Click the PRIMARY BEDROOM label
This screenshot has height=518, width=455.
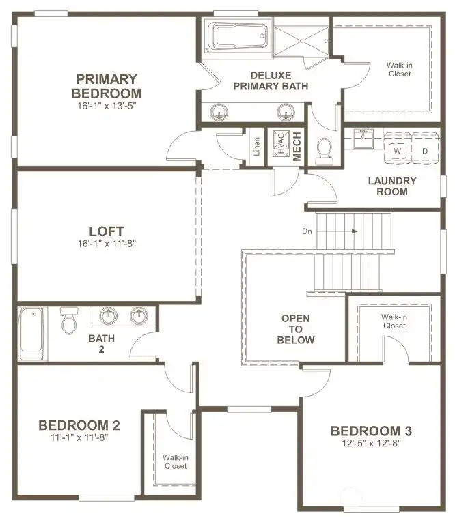tap(107, 86)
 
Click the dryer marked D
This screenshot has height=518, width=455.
tap(424, 150)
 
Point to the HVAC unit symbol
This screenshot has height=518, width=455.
tap(280, 144)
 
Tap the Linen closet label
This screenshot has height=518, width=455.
tap(257, 147)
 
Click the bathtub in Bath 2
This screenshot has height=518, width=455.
tap(31, 334)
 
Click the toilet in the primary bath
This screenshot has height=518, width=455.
tap(325, 149)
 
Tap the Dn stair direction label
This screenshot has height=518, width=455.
tap(307, 231)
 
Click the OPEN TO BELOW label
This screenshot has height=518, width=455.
tap(296, 329)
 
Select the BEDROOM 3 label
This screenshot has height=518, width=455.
tap(371, 431)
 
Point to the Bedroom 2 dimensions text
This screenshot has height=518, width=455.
tap(79, 437)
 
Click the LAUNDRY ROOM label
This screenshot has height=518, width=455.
tap(391, 186)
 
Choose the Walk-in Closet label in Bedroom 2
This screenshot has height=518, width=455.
tap(174, 461)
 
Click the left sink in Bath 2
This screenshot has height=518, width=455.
tap(109, 316)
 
